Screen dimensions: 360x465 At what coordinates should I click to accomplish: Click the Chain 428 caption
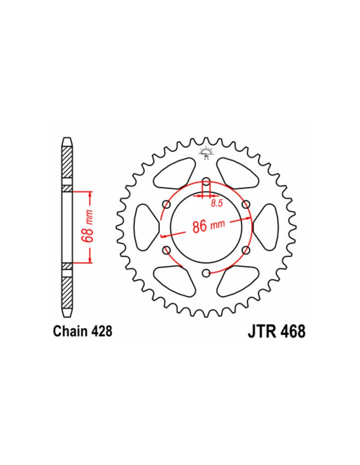tap(82, 332)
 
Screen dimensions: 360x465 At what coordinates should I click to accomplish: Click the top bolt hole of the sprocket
tap(206, 182)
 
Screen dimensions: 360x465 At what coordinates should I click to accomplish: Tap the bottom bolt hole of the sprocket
tap(206, 273)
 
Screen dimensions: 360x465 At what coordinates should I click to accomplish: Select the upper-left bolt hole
tap(167, 205)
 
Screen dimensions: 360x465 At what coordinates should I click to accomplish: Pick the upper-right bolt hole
tap(246, 205)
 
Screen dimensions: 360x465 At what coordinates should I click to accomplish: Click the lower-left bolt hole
tap(167, 250)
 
